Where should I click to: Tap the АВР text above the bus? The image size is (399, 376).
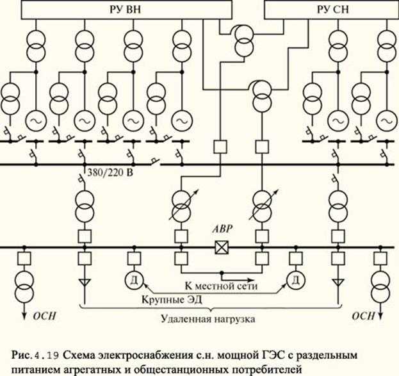click(222, 231)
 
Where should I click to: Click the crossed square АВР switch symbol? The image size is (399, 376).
click(222, 247)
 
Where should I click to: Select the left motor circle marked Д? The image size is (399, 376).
click(134, 279)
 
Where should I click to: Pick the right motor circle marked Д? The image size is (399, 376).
click(295, 279)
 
